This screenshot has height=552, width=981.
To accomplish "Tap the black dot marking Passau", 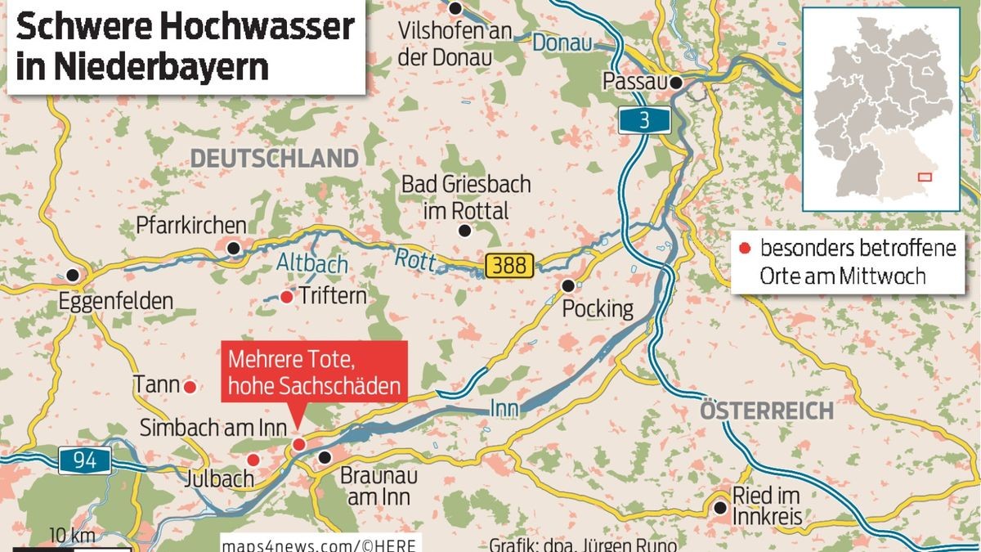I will tap(676, 82).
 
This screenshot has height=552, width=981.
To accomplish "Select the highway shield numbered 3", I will tap(644, 121).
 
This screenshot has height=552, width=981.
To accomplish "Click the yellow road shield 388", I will tap(509, 265).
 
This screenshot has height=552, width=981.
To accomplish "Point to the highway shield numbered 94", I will tap(84, 460).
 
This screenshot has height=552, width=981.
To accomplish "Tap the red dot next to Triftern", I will tap(286, 297).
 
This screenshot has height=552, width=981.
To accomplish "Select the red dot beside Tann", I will tap(190, 386).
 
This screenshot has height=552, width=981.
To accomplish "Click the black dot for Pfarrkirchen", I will tap(234, 248).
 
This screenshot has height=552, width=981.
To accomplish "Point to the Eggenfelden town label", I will tap(116, 302).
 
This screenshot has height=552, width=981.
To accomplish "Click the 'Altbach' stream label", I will tap(311, 264).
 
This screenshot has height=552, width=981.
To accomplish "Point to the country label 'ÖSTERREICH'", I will tap(766, 411).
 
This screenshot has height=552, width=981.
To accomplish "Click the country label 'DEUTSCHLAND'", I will tap(274, 158).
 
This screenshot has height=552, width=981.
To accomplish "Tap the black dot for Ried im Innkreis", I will tap(719, 508).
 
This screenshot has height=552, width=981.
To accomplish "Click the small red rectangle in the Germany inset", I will tap(925, 176).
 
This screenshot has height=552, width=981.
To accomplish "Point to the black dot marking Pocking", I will tap(568, 285).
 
